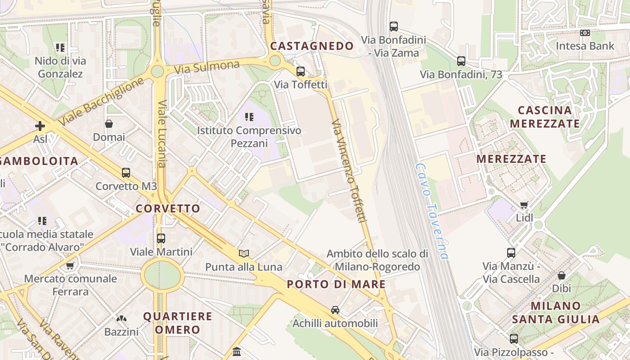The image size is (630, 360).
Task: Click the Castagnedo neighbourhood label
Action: (312, 46)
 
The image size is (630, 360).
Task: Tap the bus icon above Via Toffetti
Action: (300, 71)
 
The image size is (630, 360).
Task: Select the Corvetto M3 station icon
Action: (126, 172)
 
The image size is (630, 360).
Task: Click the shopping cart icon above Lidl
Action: (524, 205)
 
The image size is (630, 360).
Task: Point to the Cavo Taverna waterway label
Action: (432, 211)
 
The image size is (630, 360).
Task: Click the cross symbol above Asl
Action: (40, 126)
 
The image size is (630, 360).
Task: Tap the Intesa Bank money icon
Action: (585, 33)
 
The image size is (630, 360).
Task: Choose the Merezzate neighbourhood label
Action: (511, 159)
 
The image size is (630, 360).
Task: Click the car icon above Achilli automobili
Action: (335, 310)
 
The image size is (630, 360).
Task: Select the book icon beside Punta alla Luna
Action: (243, 253)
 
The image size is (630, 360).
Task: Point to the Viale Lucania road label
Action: (162, 134)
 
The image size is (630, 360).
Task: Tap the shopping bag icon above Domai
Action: (108, 124)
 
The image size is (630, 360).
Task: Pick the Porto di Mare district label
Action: (336, 284)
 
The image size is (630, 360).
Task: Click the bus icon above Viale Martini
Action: (161, 238)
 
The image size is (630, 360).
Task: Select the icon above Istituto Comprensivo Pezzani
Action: (249, 117)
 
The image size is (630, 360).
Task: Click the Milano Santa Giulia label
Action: (555, 313)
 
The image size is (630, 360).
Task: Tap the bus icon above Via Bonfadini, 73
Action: (461, 61)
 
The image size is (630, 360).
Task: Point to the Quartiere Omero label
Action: (178, 323)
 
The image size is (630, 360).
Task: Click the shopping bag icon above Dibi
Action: (561, 275)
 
